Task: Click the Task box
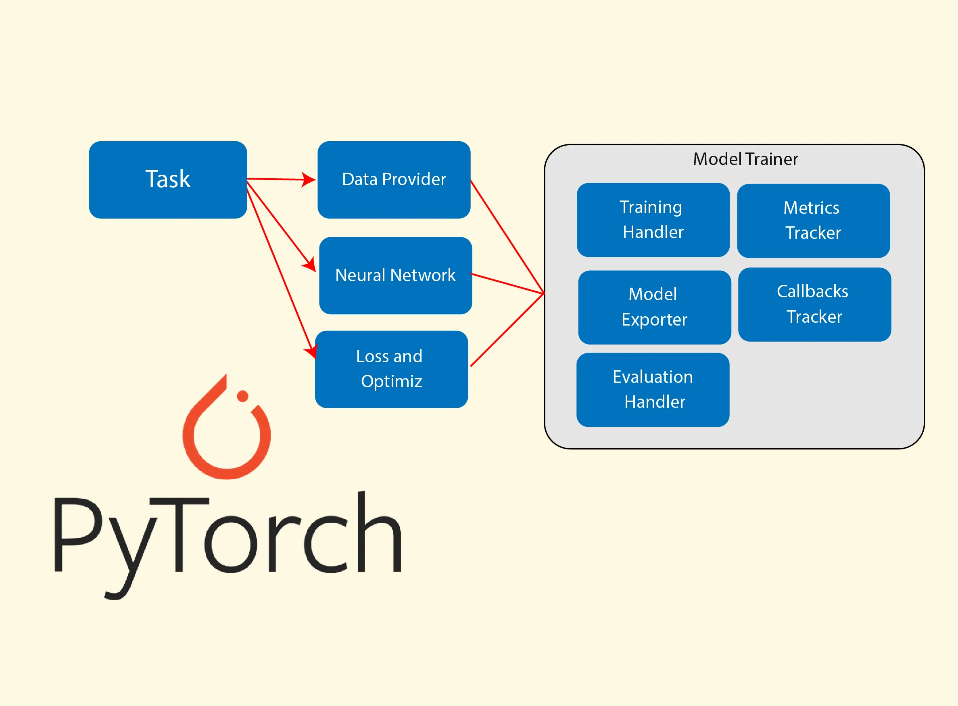pyautogui.click(x=167, y=180)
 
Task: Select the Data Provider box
pyautogui.click(x=394, y=180)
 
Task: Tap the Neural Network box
pyautogui.click(x=395, y=275)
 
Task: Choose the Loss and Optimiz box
pyautogui.click(x=391, y=369)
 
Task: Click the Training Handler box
pyautogui.click(x=653, y=219)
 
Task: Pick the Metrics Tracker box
pyautogui.click(x=813, y=221)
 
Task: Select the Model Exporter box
pyautogui.click(x=654, y=307)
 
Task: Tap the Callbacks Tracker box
pyautogui.click(x=814, y=304)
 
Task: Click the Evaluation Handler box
pyautogui.click(x=653, y=389)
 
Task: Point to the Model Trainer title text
pyautogui.click(x=745, y=159)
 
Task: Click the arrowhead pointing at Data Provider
pyautogui.click(x=309, y=180)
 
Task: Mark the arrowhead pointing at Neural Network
pyautogui.click(x=310, y=265)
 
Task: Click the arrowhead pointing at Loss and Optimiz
pyautogui.click(x=311, y=351)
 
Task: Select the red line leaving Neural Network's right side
pyautogui.click(x=507, y=284)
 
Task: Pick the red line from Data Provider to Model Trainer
pyautogui.click(x=507, y=237)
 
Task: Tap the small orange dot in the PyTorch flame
pyautogui.click(x=242, y=396)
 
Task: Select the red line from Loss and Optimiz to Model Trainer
pyautogui.click(x=507, y=330)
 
